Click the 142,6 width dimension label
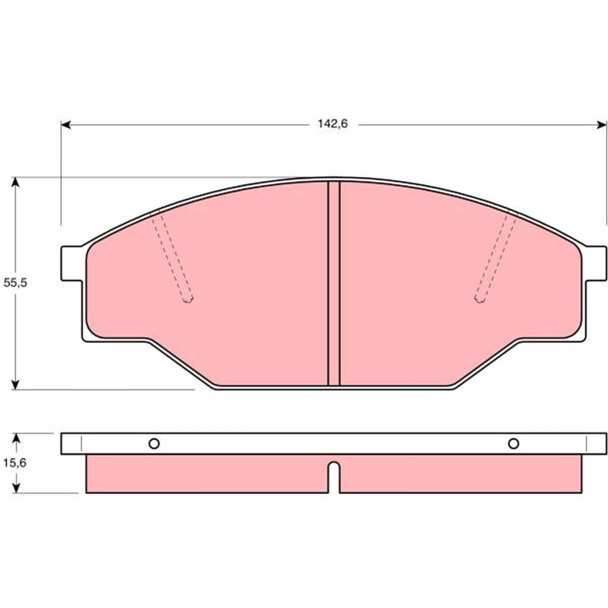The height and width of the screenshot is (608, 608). pyautogui.click(x=332, y=124)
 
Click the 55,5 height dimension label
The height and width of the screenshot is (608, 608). pyautogui.click(x=15, y=282)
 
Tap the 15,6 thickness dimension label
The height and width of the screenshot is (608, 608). pyautogui.click(x=15, y=462)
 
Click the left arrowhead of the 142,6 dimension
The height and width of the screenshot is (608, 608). pyautogui.click(x=66, y=124)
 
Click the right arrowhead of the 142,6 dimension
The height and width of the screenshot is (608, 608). pyautogui.click(x=602, y=124)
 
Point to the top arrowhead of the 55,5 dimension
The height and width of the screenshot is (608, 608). pyautogui.click(x=15, y=182)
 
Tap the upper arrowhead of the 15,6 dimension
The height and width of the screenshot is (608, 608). pyautogui.click(x=16, y=438)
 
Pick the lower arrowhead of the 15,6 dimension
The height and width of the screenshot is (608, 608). pyautogui.click(x=16, y=488)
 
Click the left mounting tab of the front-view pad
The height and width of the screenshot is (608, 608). pyautogui.click(x=71, y=263)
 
